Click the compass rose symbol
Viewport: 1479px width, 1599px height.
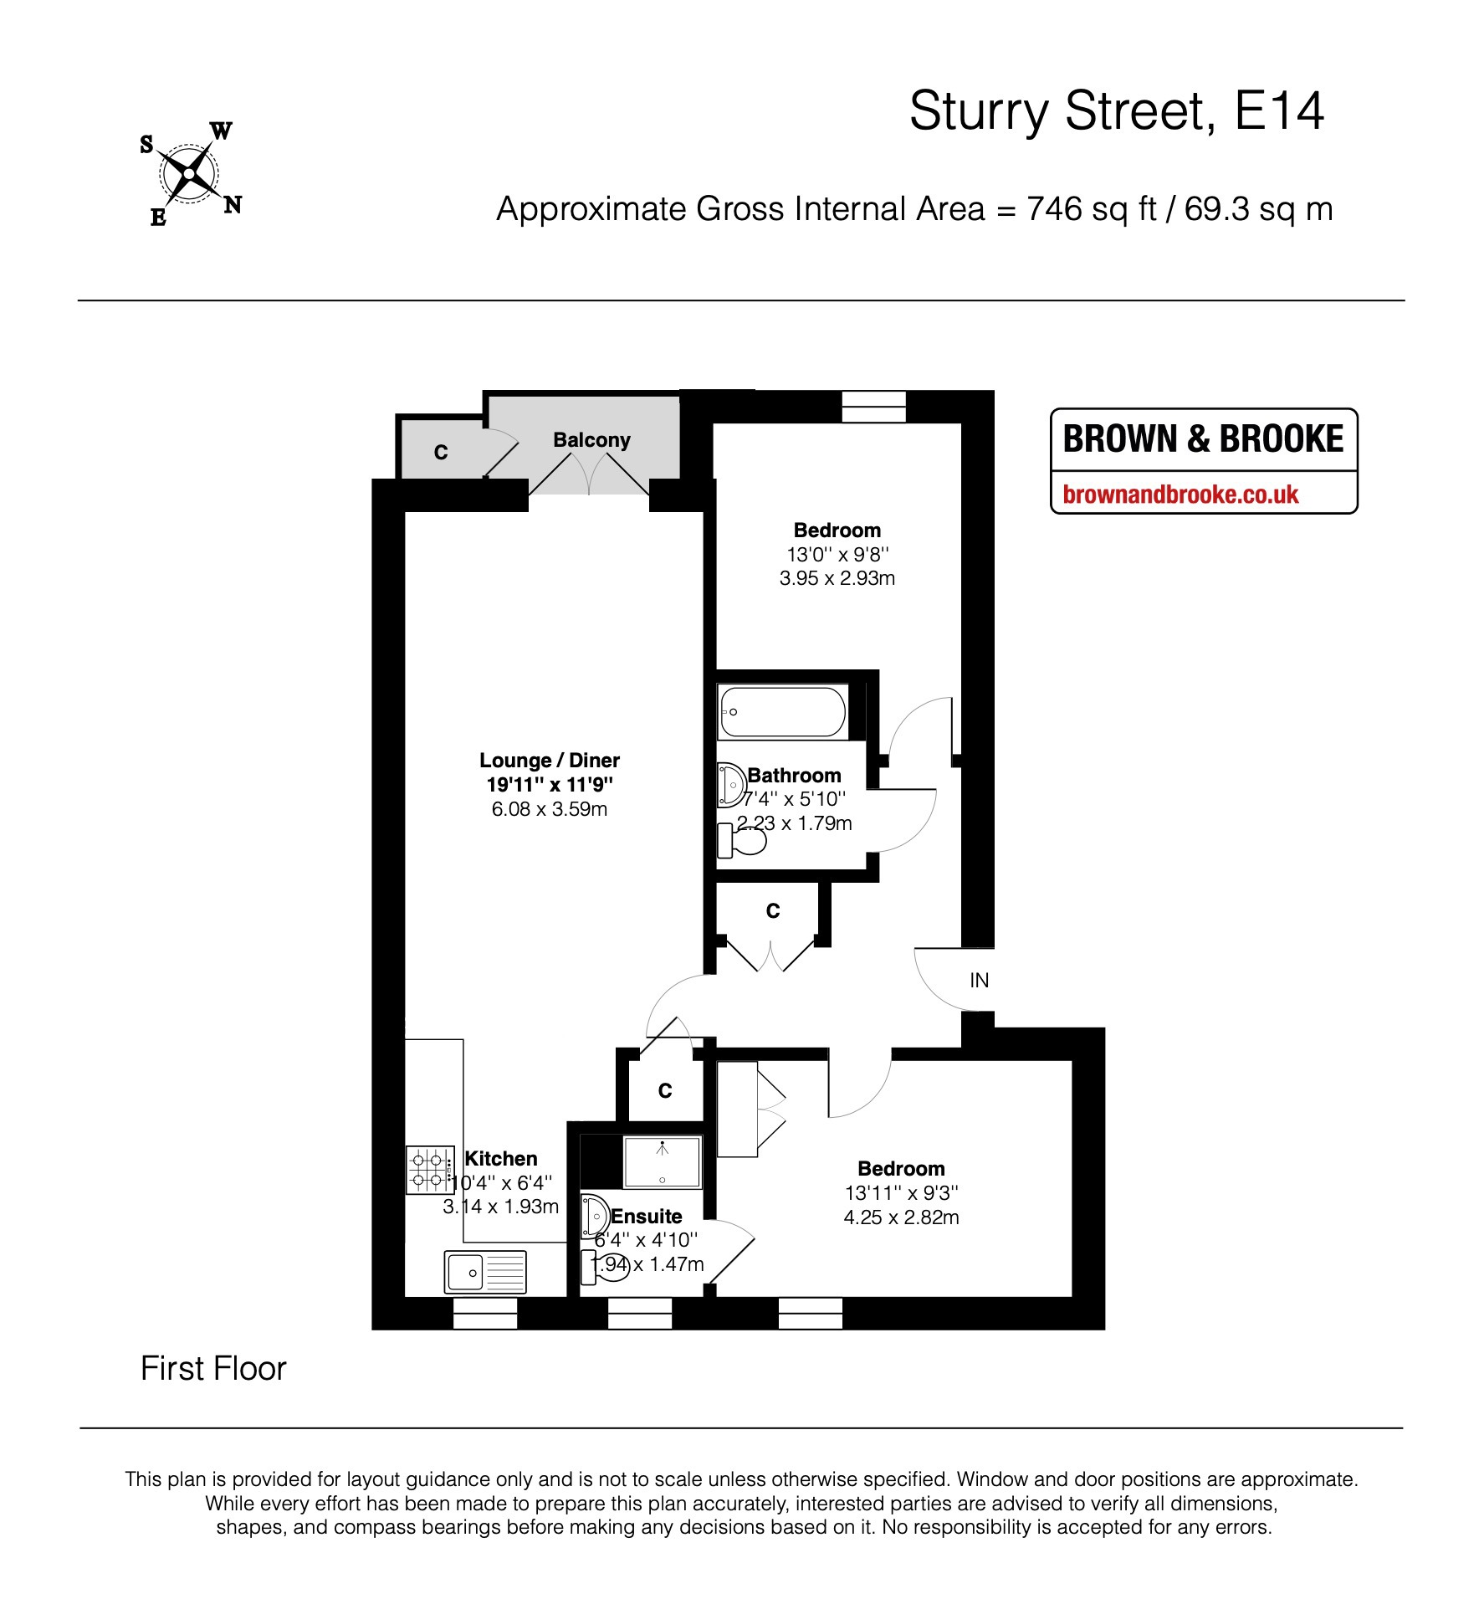point(190,174)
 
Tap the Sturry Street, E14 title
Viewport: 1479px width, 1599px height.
point(1116,110)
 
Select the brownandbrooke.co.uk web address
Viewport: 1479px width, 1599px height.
point(1180,495)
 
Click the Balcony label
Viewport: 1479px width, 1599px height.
point(591,440)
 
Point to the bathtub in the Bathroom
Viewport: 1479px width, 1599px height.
point(782,712)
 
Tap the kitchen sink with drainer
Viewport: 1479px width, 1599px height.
point(485,1272)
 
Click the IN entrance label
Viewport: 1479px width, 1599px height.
point(979,980)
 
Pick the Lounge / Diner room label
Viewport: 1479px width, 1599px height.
point(550,761)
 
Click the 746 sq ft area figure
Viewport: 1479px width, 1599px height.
point(1092,209)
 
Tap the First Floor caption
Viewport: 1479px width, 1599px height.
point(213,1369)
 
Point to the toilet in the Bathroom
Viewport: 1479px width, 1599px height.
point(742,840)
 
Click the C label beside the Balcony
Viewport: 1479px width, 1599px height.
point(441,453)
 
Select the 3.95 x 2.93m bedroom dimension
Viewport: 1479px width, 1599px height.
point(837,578)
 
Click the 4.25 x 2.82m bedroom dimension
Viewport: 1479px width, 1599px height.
point(901,1217)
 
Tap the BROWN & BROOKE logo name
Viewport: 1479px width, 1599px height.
point(1203,439)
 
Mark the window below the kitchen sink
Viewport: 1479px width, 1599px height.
point(485,1313)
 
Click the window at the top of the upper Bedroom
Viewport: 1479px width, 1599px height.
point(873,407)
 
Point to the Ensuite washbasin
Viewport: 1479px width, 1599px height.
point(595,1214)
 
